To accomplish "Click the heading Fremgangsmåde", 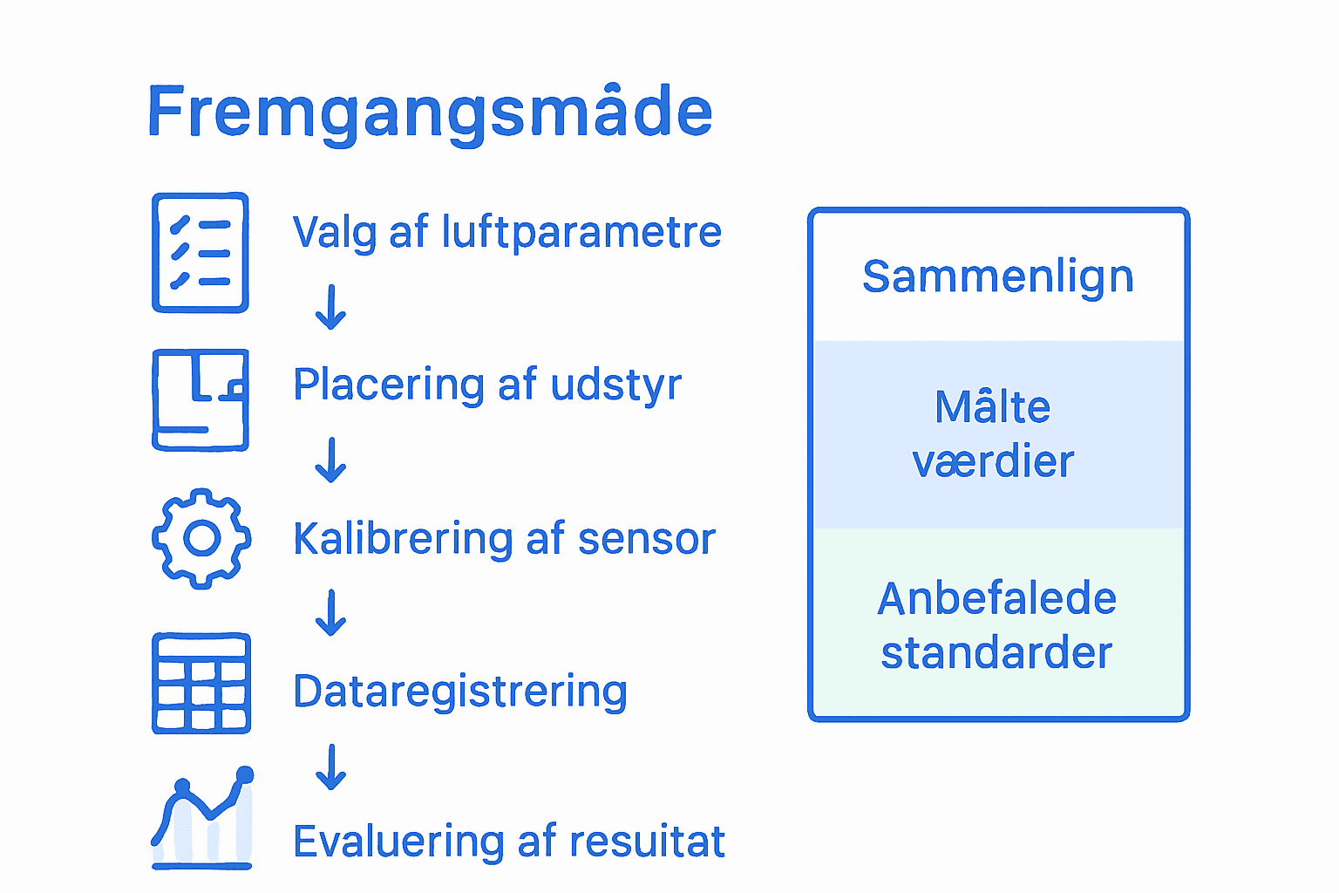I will [x=430, y=112].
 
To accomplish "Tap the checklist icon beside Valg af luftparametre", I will [x=201, y=252].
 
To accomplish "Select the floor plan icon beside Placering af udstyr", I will [x=201, y=399].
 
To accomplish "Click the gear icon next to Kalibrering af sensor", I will [x=201, y=538].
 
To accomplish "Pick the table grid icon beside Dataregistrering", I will [x=201, y=683].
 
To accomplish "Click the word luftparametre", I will [x=581, y=233].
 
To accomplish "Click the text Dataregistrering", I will [x=460, y=692].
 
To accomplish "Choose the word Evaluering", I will [x=398, y=842].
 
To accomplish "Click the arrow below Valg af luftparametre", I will [x=330, y=307].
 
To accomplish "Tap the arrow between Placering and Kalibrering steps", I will [x=330, y=460].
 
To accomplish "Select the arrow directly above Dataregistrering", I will [x=330, y=613].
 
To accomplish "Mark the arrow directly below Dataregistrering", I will [x=330, y=767].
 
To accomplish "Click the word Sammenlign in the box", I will [x=998, y=277].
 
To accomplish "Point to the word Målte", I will [x=993, y=407].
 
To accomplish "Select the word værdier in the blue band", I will [x=993, y=461].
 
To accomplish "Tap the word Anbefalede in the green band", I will [x=997, y=599].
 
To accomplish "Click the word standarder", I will [x=997, y=653].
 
